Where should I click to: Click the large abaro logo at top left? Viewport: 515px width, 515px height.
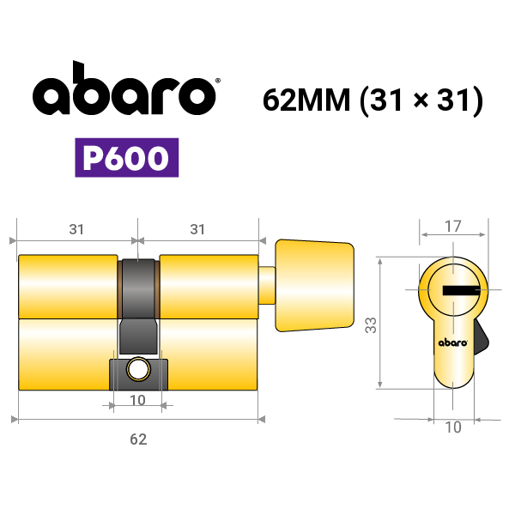[x=124, y=88]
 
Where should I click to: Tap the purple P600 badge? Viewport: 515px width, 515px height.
[x=127, y=158]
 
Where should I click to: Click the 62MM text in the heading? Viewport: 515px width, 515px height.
[x=306, y=100]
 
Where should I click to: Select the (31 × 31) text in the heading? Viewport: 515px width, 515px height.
[x=421, y=100]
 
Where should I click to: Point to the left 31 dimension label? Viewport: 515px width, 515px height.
[x=76, y=229]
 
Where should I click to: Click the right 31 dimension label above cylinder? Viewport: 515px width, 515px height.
[x=197, y=229]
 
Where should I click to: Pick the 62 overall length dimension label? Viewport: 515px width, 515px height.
[x=138, y=439]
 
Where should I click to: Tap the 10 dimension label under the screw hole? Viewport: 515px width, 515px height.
[x=137, y=400]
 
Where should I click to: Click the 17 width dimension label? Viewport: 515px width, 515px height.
[x=453, y=227]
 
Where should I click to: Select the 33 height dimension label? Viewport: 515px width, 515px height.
[x=371, y=325]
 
